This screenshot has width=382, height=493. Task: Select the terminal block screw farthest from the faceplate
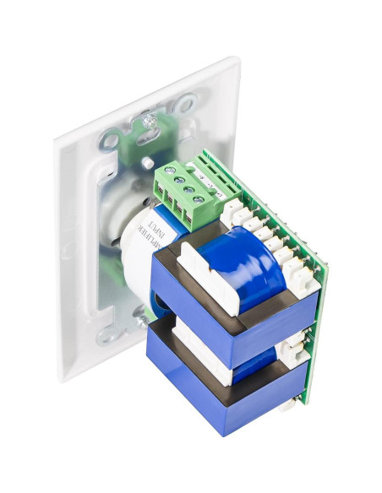coord(198,200)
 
